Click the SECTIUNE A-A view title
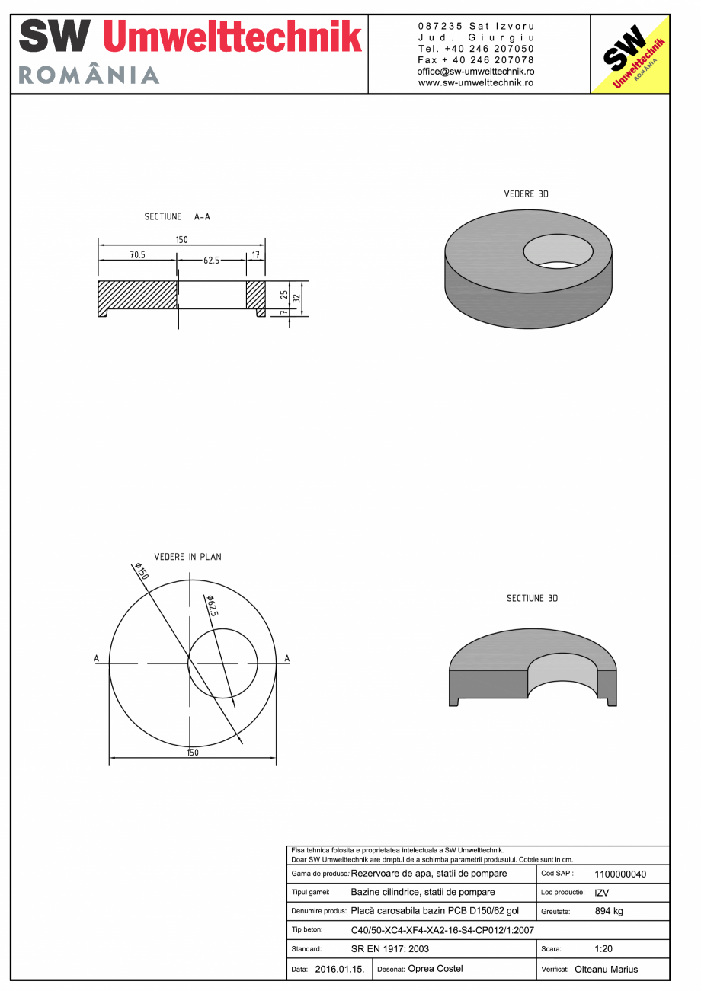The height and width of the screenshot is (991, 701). pyautogui.click(x=177, y=217)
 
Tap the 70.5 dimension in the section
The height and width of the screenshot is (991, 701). pyautogui.click(x=137, y=255)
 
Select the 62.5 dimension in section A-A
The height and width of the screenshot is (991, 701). pyautogui.click(x=211, y=260)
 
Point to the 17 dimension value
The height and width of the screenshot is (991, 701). pyautogui.click(x=255, y=255)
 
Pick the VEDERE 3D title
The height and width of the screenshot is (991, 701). pyautogui.click(x=526, y=194)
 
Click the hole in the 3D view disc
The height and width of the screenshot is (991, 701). pyautogui.click(x=558, y=251)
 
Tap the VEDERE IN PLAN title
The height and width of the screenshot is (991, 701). pyautogui.click(x=187, y=557)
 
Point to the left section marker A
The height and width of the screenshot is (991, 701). pyautogui.click(x=97, y=658)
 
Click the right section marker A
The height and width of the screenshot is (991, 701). pyautogui.click(x=286, y=658)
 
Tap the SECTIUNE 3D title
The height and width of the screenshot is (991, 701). pyautogui.click(x=532, y=599)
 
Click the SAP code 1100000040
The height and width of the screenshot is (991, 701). pyautogui.click(x=619, y=874)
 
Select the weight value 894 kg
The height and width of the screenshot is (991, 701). pyautogui.click(x=609, y=911)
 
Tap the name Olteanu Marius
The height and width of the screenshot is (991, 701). pyautogui.click(x=606, y=970)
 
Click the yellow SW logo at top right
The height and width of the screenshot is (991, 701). pyautogui.click(x=629, y=54)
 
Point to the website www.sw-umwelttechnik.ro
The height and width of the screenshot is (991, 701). pyautogui.click(x=475, y=82)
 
